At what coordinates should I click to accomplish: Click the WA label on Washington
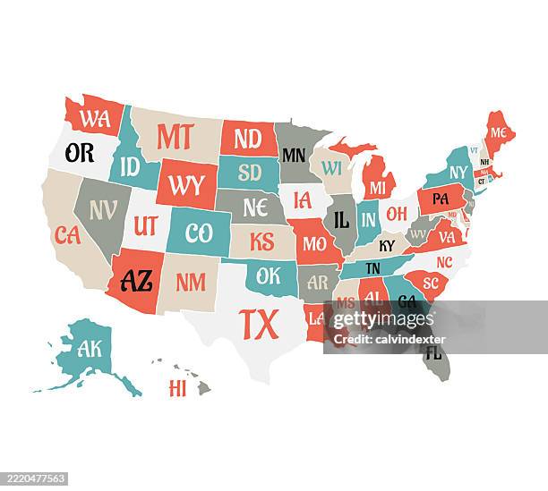coord(94,117)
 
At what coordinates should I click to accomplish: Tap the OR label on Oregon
coord(80,152)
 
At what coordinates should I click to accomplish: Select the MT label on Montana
coord(176,136)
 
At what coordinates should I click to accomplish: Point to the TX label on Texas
coord(259,324)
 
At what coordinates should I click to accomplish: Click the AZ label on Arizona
coord(136,281)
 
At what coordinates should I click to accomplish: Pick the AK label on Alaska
coord(90,349)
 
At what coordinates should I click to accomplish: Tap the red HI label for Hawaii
coord(177,388)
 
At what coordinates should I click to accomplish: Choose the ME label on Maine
coord(498,132)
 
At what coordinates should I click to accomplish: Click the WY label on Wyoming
coord(186,185)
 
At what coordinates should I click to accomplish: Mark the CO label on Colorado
coord(199,233)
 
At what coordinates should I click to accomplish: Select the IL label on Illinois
coord(341,219)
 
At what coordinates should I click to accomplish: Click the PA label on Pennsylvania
coord(441,199)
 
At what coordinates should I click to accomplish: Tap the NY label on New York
coord(458,172)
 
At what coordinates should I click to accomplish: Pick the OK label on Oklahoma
coord(269,276)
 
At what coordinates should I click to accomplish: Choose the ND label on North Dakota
coord(247,139)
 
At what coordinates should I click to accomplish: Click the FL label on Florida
coord(433,352)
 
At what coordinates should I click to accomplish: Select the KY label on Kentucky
coord(387,246)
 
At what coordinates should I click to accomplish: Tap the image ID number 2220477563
coord(37,478)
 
